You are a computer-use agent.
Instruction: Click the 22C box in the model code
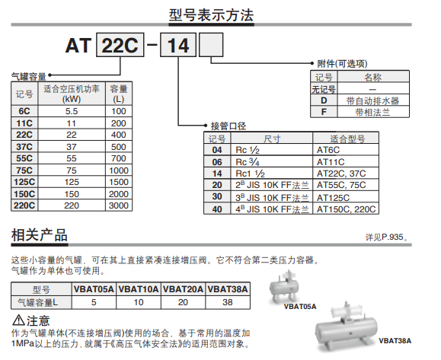tap(120, 45)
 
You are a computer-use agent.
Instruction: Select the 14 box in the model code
tap(178, 45)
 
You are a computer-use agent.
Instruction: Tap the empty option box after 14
tap(211, 45)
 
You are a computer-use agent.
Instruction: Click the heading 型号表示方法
tap(211, 15)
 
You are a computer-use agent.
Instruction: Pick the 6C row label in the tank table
tap(24, 111)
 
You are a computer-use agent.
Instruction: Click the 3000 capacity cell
tap(119, 205)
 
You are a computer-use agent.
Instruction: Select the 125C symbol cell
tap(24, 182)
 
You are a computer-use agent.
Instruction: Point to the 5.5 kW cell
tap(72, 111)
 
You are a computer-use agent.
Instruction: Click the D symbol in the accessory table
tap(324, 100)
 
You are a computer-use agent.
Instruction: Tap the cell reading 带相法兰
tap(373, 112)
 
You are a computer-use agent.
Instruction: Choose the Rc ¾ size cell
tap(272, 162)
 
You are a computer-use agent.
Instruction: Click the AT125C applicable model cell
tap(346, 197)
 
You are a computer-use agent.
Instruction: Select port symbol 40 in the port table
tap(217, 209)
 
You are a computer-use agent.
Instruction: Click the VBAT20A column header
tap(183, 289)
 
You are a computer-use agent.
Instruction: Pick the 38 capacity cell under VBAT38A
tap(228, 302)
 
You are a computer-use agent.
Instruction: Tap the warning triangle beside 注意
tap(18, 320)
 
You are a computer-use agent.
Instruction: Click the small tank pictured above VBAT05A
tap(284, 287)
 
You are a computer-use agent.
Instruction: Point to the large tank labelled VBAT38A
tap(347, 328)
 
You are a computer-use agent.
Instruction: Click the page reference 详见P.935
tap(386, 237)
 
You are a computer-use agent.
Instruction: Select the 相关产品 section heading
tap(40, 235)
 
